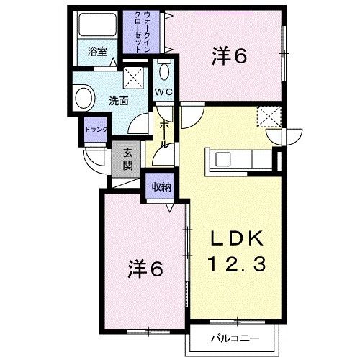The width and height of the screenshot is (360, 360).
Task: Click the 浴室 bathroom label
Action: coord(98,52)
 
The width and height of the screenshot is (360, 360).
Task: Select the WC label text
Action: coord(163,91)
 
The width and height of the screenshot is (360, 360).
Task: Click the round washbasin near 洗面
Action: coord(84,97)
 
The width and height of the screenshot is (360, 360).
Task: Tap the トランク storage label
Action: coord(95,130)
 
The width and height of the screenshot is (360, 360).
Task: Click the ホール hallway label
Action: coord(165,134)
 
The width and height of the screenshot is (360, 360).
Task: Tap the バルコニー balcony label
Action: coord(232,337)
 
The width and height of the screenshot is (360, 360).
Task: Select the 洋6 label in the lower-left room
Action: coord(145,270)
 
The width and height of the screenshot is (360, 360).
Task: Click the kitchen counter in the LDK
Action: coord(239,158)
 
